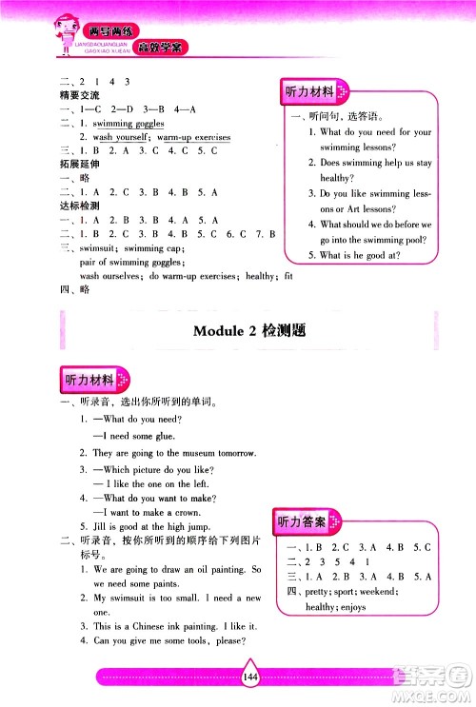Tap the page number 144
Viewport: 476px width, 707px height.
click(x=251, y=678)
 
